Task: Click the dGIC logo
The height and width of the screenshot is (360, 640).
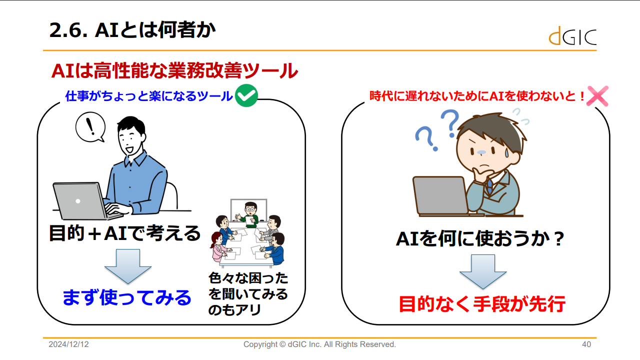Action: coord(572,36)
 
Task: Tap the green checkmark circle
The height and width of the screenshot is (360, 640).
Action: coord(246,95)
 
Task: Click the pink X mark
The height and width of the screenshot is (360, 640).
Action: coord(597,96)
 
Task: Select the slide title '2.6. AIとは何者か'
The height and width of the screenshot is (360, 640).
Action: coord(132,30)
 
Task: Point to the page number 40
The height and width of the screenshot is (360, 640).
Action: coord(586,344)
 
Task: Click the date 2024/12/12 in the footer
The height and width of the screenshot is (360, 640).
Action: coord(68,344)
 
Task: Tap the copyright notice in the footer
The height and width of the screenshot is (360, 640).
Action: coord(319,344)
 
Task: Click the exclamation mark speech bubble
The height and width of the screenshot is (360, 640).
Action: coord(90,127)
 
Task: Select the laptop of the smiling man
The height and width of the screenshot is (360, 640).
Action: coord(83,201)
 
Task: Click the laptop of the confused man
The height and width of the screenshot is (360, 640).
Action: coord(441,195)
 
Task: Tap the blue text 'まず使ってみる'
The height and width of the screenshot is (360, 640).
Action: coord(127,297)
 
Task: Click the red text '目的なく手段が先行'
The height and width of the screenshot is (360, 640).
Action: coord(482,303)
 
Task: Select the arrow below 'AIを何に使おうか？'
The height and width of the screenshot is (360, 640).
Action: coord(483,271)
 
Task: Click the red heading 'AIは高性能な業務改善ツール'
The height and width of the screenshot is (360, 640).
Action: coord(174,70)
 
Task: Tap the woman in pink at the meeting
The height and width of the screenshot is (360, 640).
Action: coord(219,247)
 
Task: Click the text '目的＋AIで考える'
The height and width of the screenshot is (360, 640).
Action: coord(125,233)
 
